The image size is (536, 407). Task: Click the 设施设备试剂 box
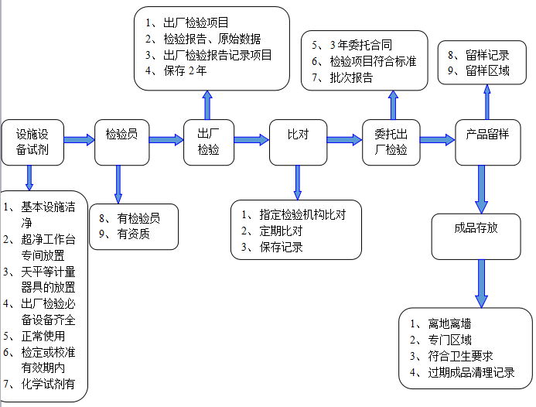pyautogui.click(x=32, y=142)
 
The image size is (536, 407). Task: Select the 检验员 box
pyautogui.click(x=121, y=142)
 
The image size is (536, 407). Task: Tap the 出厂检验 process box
pyautogui.click(x=209, y=142)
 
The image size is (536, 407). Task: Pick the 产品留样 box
pyautogui.click(x=487, y=142)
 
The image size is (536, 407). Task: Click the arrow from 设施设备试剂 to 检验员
pyautogui.click(x=79, y=140)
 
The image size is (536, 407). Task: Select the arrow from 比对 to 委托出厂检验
pyautogui.click(x=345, y=140)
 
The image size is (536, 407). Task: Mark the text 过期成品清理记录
pyautogui.click(x=465, y=372)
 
